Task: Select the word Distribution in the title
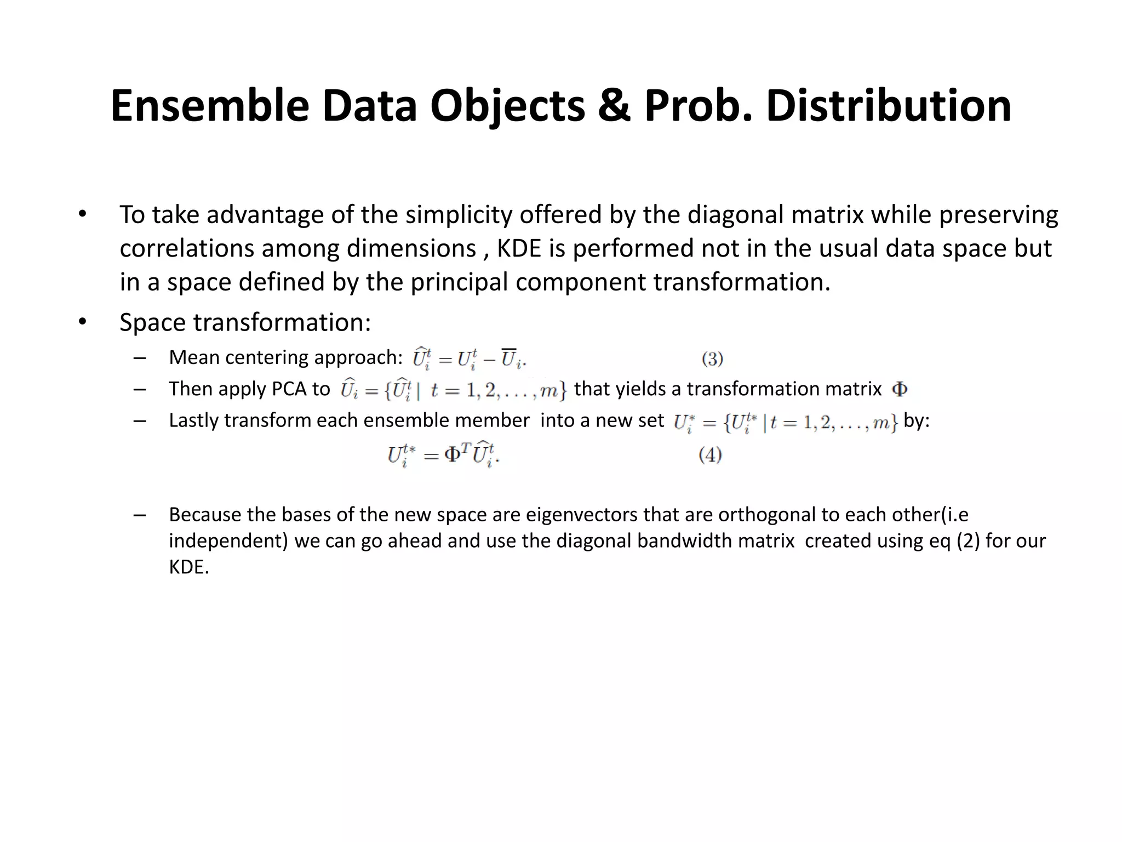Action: coord(889,106)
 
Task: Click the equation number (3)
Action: coord(712,359)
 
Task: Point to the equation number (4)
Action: coord(710,455)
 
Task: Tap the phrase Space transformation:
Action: coord(245,322)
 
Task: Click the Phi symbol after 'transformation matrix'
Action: coord(900,389)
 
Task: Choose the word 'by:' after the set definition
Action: coord(916,420)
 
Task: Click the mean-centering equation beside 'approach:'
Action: coord(469,359)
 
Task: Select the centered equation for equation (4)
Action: coord(443,455)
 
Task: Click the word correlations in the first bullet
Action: coord(187,248)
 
